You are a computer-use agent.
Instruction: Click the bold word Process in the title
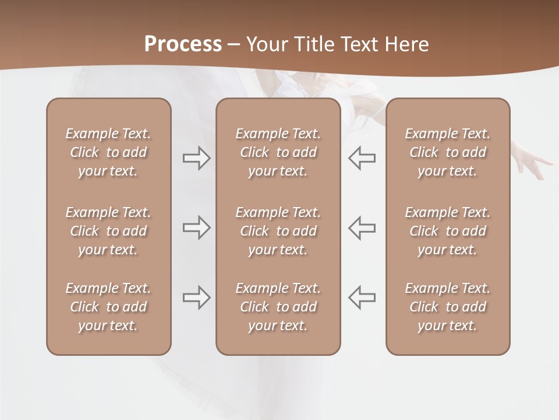tap(183, 44)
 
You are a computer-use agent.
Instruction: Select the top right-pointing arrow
tap(197, 158)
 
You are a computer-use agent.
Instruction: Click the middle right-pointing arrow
tap(197, 228)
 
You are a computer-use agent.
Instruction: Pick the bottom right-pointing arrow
tap(197, 297)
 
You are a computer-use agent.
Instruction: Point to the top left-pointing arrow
tap(362, 158)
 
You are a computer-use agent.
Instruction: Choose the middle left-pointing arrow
tap(362, 228)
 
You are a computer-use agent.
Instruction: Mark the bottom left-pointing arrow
tap(362, 297)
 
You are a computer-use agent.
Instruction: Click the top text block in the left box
tap(108, 152)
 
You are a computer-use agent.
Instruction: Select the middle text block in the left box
tap(108, 231)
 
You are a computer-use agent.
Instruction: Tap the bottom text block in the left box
tap(108, 307)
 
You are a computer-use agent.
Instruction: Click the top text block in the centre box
tap(278, 152)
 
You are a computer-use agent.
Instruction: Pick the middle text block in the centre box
tap(278, 231)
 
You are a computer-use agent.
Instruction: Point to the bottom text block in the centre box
tap(278, 307)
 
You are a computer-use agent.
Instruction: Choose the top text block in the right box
tap(448, 152)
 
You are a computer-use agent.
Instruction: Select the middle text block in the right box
tap(448, 231)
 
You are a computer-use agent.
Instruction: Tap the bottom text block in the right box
tap(448, 307)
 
